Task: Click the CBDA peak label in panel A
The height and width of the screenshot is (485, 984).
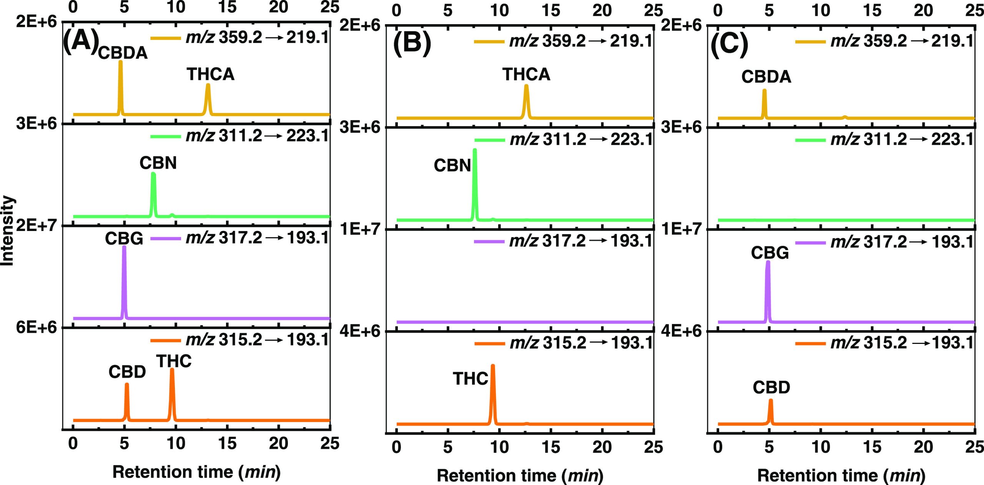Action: pyautogui.click(x=123, y=53)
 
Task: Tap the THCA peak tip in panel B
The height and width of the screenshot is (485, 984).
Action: pyautogui.click(x=526, y=87)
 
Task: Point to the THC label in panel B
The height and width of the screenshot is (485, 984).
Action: pyautogui.click(x=470, y=379)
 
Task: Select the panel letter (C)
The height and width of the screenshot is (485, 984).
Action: pyautogui.click(x=729, y=43)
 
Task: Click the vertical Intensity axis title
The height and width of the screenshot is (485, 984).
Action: pyautogui.click(x=8, y=231)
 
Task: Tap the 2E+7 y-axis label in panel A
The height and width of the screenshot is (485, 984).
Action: pyautogui.click(x=36, y=225)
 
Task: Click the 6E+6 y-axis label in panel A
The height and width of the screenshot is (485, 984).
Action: pyautogui.click(x=36, y=327)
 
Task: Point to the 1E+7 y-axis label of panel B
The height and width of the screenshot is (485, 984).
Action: pyautogui.click(x=360, y=229)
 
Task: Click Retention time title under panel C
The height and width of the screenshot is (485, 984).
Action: pyautogui.click(x=841, y=476)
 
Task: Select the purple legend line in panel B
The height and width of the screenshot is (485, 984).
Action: pyautogui.click(x=489, y=242)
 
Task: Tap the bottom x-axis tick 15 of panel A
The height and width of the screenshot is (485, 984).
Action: pyautogui.click(x=227, y=443)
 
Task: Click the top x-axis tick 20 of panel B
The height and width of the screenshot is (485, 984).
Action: pyautogui.click(x=602, y=10)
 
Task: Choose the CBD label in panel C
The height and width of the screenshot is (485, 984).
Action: pyautogui.click(x=771, y=387)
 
